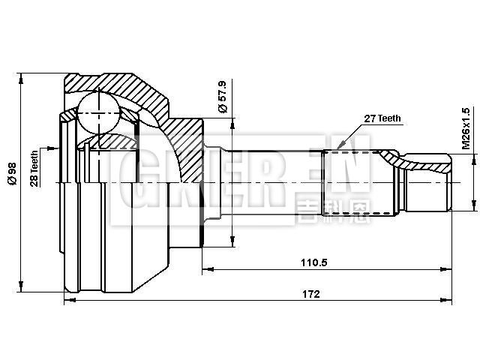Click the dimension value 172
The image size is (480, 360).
click(x=313, y=294)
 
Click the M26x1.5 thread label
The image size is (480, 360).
click(x=466, y=128)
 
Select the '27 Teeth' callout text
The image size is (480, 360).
click(x=382, y=118)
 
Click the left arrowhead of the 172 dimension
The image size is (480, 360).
click(x=69, y=300)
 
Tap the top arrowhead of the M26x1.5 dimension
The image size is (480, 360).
click(x=473, y=156)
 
